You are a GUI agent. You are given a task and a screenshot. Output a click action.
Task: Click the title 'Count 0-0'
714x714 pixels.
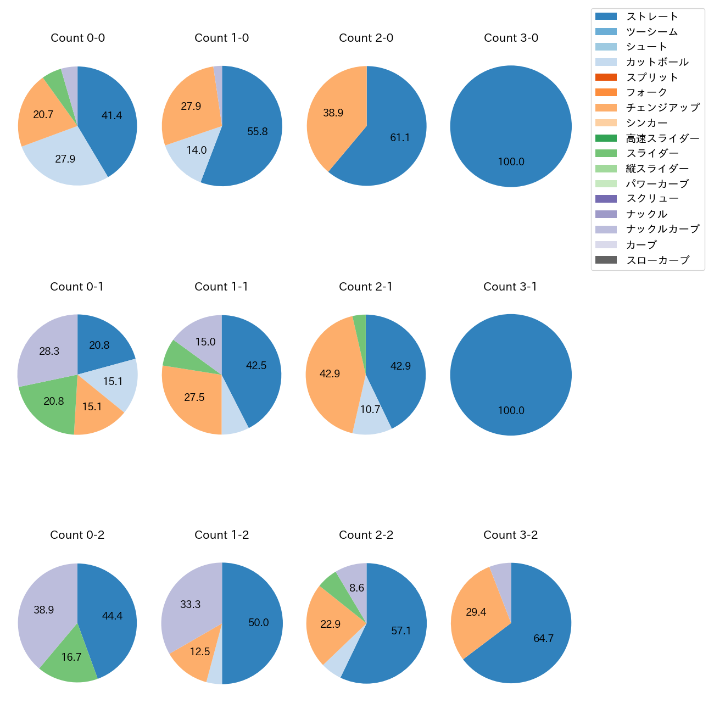click(x=77, y=38)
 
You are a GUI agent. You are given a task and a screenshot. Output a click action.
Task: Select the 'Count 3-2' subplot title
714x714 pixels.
click(x=510, y=535)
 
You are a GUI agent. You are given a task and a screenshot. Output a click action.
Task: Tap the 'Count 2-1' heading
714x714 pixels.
click(x=366, y=287)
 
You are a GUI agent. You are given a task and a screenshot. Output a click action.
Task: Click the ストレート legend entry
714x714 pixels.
click(x=652, y=16)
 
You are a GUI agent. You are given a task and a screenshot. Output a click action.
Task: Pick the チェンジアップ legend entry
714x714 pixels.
click(x=662, y=108)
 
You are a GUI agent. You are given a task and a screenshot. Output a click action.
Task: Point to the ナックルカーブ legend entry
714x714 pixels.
click(x=662, y=230)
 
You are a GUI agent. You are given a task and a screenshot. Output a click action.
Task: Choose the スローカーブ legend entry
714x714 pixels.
click(x=657, y=260)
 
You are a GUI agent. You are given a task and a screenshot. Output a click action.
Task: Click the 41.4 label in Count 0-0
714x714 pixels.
click(x=111, y=115)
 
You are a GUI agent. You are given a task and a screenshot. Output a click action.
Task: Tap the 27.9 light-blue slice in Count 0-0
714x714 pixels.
click(x=65, y=159)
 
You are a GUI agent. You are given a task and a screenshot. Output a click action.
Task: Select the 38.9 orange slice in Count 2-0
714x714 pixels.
click(x=333, y=113)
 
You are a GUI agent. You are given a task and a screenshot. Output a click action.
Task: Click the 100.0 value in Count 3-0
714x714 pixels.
click(x=511, y=162)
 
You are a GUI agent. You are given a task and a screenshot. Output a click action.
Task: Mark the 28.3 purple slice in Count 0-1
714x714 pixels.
click(x=49, y=351)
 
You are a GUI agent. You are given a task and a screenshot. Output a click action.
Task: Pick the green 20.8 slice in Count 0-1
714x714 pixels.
click(x=54, y=401)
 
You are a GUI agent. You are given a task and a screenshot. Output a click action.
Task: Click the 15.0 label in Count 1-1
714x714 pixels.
click(x=205, y=342)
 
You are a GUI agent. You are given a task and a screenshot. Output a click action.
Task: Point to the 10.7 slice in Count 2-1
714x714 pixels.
click(x=370, y=410)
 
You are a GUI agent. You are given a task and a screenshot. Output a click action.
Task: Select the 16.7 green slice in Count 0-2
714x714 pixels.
click(x=71, y=657)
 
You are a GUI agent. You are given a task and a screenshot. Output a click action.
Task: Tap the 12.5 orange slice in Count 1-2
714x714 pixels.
click(x=200, y=652)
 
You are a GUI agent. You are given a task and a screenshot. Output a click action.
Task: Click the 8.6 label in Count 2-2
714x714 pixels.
click(x=356, y=588)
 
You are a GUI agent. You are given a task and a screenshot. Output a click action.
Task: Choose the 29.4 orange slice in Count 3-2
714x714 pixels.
click(x=476, y=612)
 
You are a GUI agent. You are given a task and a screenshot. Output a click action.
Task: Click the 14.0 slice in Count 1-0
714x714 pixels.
click(x=196, y=150)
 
